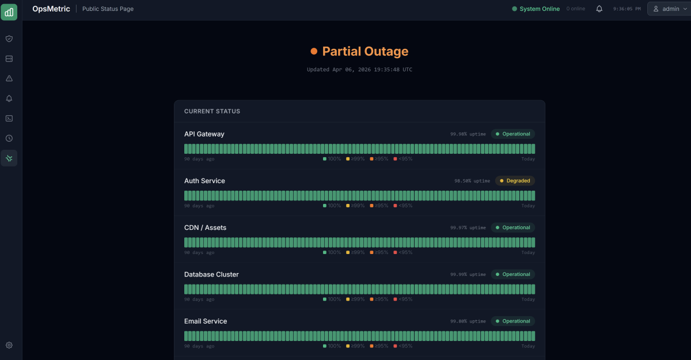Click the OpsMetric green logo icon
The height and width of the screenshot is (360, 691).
pyautogui.click(x=9, y=12)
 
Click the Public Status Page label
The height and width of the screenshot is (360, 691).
pyautogui.click(x=108, y=9)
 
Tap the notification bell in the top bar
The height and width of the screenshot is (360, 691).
pyautogui.click(x=599, y=9)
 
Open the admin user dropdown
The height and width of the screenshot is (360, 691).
pyautogui.click(x=670, y=9)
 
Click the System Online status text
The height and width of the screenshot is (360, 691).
pyautogui.click(x=539, y=9)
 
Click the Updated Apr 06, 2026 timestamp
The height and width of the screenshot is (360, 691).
pyautogui.click(x=359, y=70)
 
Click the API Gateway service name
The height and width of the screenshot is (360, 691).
pyautogui.click(x=204, y=134)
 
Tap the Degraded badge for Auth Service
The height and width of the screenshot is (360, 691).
pyautogui.click(x=514, y=181)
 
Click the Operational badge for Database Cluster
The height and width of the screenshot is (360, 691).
pyautogui.click(x=512, y=275)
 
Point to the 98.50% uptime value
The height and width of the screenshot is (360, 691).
pyautogui.click(x=472, y=181)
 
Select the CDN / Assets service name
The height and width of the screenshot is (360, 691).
pyautogui.click(x=205, y=228)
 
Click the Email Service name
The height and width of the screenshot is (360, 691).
pyautogui.click(x=206, y=321)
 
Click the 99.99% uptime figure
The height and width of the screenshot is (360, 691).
pyautogui.click(x=468, y=275)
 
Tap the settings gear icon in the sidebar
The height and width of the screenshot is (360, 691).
pyautogui.click(x=9, y=346)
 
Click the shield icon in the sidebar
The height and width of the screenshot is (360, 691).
pyautogui.click(x=9, y=39)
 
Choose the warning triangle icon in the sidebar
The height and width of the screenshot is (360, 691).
pyautogui.click(x=9, y=78)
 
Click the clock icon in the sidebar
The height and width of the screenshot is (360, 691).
pyautogui.click(x=9, y=138)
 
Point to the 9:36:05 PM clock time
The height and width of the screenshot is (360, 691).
pyautogui.click(x=627, y=9)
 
